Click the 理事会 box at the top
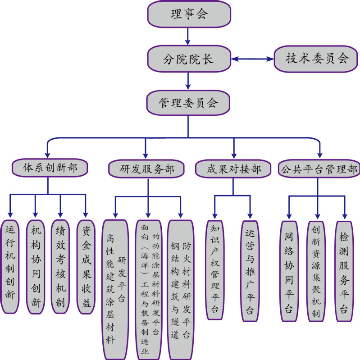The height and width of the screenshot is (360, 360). tap(189, 14)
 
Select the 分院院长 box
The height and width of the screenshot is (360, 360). tap(189, 59)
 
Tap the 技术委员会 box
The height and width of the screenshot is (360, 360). tap(318, 59)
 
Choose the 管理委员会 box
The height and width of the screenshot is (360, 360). tap(189, 103)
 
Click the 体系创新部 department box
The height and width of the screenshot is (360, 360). tap(50, 168)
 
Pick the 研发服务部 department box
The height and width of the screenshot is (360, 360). tap(147, 169)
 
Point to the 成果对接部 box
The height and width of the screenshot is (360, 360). tap(234, 169)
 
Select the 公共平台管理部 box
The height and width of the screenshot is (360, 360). tap(319, 169)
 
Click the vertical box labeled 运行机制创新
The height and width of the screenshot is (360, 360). tap(9, 266)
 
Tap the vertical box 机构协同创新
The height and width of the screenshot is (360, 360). tap(35, 266)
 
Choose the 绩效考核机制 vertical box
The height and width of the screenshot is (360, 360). tap(60, 266)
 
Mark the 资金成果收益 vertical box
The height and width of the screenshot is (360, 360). tap(86, 266)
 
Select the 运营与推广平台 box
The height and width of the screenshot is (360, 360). tap(250, 270)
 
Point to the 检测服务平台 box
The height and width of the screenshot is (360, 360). tap(344, 270)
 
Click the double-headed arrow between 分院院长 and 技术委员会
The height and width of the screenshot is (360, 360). tap(252, 59)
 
